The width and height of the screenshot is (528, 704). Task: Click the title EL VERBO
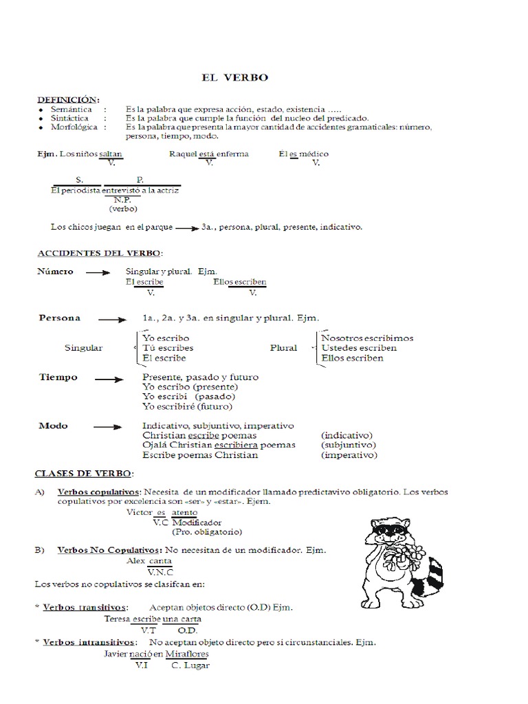point(234,78)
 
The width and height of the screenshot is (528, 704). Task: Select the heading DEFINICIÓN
point(69,99)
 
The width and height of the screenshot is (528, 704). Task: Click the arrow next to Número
point(98,272)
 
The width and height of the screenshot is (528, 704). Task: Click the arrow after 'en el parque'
point(184,228)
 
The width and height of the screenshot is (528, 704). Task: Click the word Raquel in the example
point(183,154)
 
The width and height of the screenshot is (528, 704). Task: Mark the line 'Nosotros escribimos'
point(367,338)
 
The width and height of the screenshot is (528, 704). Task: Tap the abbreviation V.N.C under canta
point(160,571)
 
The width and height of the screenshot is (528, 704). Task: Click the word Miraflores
point(187,654)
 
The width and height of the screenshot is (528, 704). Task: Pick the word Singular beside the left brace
point(83,348)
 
